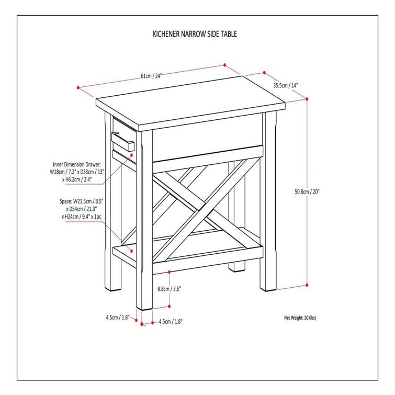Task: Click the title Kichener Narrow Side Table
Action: point(195,35)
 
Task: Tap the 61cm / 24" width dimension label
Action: point(151,75)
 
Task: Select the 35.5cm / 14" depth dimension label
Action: point(286,85)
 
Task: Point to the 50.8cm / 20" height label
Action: point(307,191)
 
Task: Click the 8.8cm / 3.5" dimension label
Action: point(170,288)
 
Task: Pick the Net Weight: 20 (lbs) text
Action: point(300,318)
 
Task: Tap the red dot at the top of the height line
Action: point(307,98)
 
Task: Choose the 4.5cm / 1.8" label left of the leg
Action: point(117,317)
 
